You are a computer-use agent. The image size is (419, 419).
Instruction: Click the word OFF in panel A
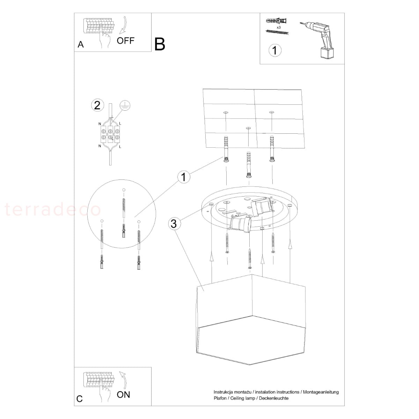tap(125, 41)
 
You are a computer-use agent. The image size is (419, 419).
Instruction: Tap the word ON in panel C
tap(123, 395)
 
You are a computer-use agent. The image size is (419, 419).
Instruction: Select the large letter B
tap(160, 44)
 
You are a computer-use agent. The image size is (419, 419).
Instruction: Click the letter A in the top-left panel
tap(81, 44)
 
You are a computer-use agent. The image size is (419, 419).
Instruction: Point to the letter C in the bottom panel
tap(80, 399)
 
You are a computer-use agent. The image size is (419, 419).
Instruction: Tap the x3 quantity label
tap(279, 27)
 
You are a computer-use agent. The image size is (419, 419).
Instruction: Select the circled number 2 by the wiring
tap(97, 105)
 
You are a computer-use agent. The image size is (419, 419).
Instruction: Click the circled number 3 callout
tap(174, 224)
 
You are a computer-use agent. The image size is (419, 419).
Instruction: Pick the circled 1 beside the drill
tap(275, 50)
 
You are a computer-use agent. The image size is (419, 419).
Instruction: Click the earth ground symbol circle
tap(125, 106)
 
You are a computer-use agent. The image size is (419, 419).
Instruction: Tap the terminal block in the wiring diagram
tap(110, 134)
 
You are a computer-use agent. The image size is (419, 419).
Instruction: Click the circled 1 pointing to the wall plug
tap(184, 177)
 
